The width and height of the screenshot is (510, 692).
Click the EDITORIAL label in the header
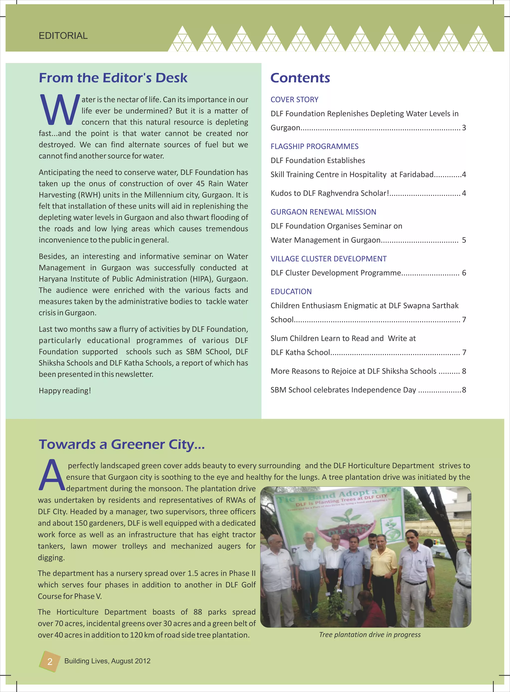pos(63,36)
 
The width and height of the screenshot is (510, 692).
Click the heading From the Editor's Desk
pos(113,78)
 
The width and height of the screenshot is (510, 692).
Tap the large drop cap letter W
pos(60,110)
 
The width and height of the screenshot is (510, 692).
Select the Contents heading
pos(300,78)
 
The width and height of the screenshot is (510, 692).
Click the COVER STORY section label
pos(294,100)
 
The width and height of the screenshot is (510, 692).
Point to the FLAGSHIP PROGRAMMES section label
pos(314,146)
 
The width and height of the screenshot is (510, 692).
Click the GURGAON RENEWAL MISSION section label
pos(323,212)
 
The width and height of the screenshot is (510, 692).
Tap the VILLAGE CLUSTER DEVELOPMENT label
pos(328,259)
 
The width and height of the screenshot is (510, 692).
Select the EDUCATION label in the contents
pos(291,291)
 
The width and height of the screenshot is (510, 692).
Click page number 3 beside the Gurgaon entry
pos(464,128)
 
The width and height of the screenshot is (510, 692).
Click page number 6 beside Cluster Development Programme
pos(464,273)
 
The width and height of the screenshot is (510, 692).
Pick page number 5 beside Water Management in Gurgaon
pos(464,240)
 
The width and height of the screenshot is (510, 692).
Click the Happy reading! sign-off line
pos(65,391)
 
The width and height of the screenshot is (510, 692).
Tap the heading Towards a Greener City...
pos(122,444)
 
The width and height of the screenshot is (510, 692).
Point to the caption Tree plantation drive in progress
pos(370,634)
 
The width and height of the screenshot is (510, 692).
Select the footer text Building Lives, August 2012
pos(107,661)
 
